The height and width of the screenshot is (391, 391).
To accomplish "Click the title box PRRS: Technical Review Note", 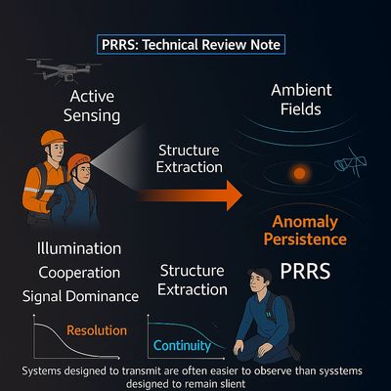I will pyautogui.click(x=195, y=45).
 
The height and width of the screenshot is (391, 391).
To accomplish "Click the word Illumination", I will pyautogui.click(x=78, y=248).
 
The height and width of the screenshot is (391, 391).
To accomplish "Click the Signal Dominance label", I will pyautogui.click(x=79, y=293).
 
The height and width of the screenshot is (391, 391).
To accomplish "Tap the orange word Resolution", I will pyautogui.click(x=97, y=330).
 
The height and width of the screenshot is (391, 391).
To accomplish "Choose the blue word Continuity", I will pyautogui.click(x=183, y=344).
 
